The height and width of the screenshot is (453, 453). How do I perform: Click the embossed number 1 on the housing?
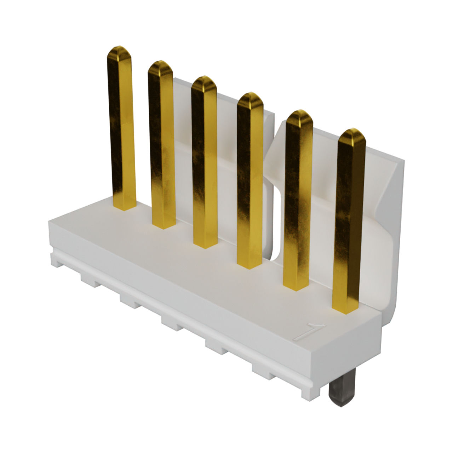pyautogui.click(x=309, y=332)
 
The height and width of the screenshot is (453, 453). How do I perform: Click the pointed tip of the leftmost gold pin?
pyautogui.click(x=119, y=47)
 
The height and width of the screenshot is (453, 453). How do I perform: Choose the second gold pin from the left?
pyautogui.click(x=162, y=145)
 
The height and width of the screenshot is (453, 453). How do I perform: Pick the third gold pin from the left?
pyautogui.click(x=205, y=162)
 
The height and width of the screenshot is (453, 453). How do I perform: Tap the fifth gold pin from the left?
pyautogui.click(x=298, y=200)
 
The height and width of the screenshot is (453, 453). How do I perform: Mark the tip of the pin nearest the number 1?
pyautogui.click(x=352, y=129)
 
